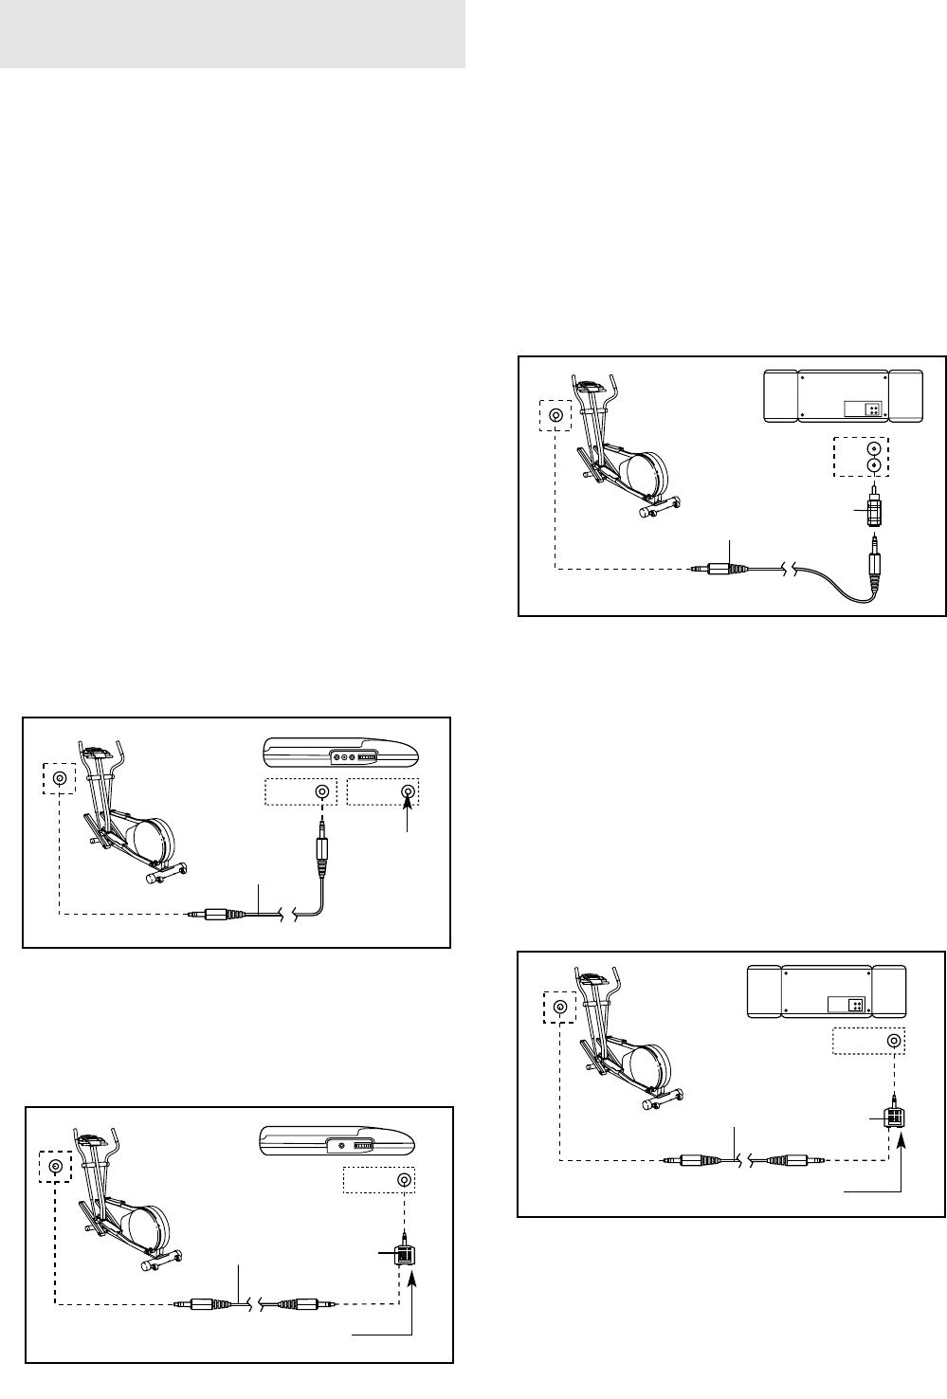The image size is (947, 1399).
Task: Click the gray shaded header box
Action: pyautogui.click(x=232, y=34)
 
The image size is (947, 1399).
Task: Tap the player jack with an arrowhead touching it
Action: pyautogui.click(x=408, y=792)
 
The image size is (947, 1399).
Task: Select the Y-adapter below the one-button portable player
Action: pyautogui.click(x=405, y=1255)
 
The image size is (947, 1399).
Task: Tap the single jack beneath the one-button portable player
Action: pyautogui.click(x=405, y=1180)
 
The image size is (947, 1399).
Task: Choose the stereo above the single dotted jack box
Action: pyautogui.click(x=826, y=992)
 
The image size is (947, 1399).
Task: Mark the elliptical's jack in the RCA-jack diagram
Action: pyautogui.click(x=555, y=414)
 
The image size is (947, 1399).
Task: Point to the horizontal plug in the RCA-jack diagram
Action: pyautogui.click(x=720, y=570)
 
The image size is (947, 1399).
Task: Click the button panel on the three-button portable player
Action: pyautogui.click(x=354, y=757)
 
